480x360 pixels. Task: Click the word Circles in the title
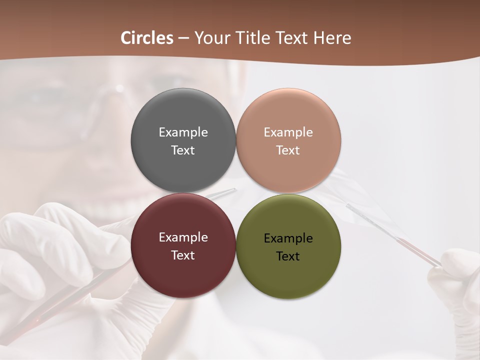click(147, 38)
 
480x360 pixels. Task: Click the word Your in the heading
click(210, 38)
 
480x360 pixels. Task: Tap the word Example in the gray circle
click(183, 132)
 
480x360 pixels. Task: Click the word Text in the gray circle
click(183, 150)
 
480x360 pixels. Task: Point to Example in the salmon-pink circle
click(288, 132)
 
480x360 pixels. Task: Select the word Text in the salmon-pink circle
click(288, 150)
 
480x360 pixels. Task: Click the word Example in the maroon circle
click(183, 237)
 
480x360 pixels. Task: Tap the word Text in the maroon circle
click(183, 255)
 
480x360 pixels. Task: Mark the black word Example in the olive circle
click(288, 238)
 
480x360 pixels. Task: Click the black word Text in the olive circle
click(288, 256)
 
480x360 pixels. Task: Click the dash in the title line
click(183, 38)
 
